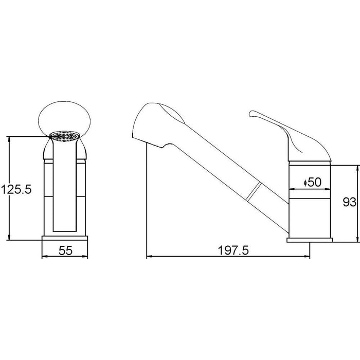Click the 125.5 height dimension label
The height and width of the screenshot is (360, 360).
[16, 190]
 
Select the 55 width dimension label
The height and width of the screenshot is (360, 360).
[65, 250]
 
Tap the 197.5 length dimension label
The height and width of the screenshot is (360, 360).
[233, 250]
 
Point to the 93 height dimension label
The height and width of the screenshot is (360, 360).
[349, 202]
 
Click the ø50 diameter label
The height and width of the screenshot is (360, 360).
[312, 182]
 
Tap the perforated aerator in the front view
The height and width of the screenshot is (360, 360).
[65, 136]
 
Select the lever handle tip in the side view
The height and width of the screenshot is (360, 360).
[251, 114]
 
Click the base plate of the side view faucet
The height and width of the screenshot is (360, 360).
[310, 240]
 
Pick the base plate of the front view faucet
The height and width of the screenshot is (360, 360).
[65, 238]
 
